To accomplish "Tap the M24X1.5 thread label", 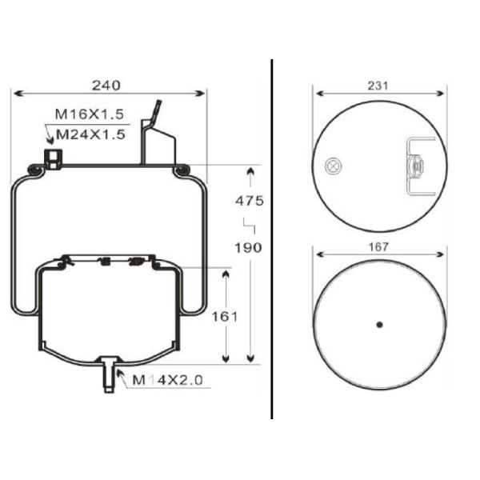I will (x=90, y=134).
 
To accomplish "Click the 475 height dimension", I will (x=249, y=200).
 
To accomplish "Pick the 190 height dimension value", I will (x=249, y=247).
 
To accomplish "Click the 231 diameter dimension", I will (x=380, y=83).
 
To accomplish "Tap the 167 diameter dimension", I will (x=380, y=247).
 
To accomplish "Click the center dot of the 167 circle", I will (x=380, y=324).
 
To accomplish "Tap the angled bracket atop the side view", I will (x=156, y=136).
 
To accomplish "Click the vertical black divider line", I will (x=273, y=240).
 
